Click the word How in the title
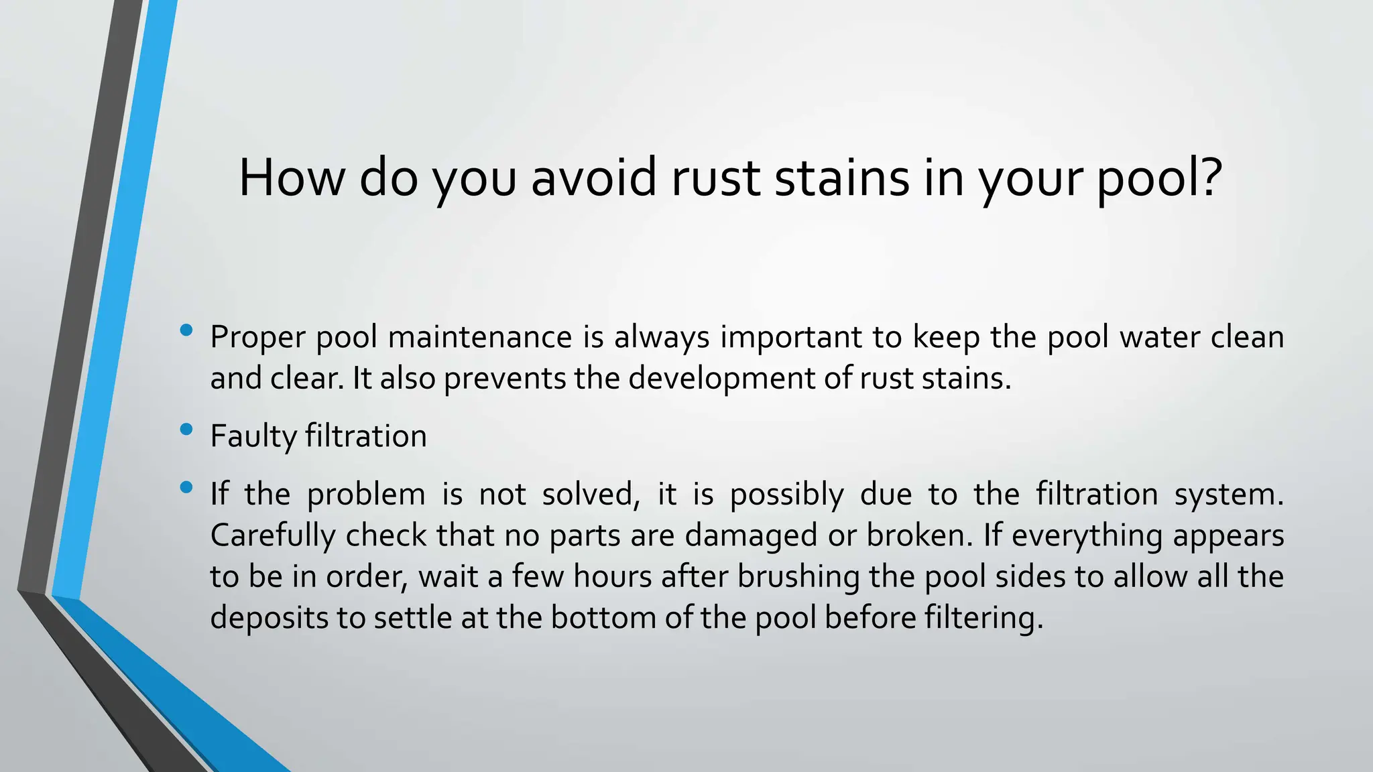coord(292,178)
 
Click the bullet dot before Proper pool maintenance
coord(186,330)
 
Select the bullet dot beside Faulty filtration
coord(186,429)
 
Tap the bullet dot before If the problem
coord(186,487)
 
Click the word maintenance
coord(480,337)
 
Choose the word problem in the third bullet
coord(366,495)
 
